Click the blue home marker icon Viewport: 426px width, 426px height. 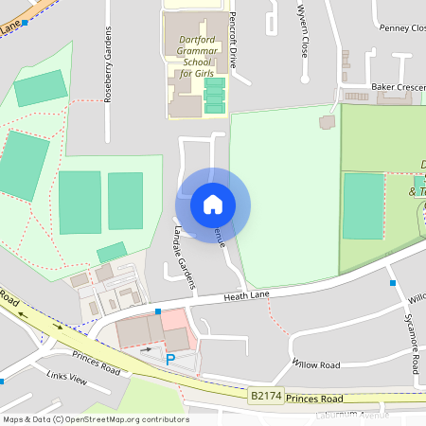pyautogui.click(x=212, y=204)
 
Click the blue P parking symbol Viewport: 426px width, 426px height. pyautogui.click(x=170, y=359)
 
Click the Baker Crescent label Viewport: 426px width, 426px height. pyautogui.click(x=398, y=86)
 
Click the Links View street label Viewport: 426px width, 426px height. pyautogui.click(x=66, y=377)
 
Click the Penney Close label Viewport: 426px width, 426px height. pyautogui.click(x=401, y=28)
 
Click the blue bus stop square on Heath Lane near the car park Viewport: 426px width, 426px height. pyautogui.click(x=158, y=311)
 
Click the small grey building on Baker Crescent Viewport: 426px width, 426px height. pyautogui.click(x=328, y=122)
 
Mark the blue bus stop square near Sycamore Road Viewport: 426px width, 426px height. pyautogui.click(x=392, y=282)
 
